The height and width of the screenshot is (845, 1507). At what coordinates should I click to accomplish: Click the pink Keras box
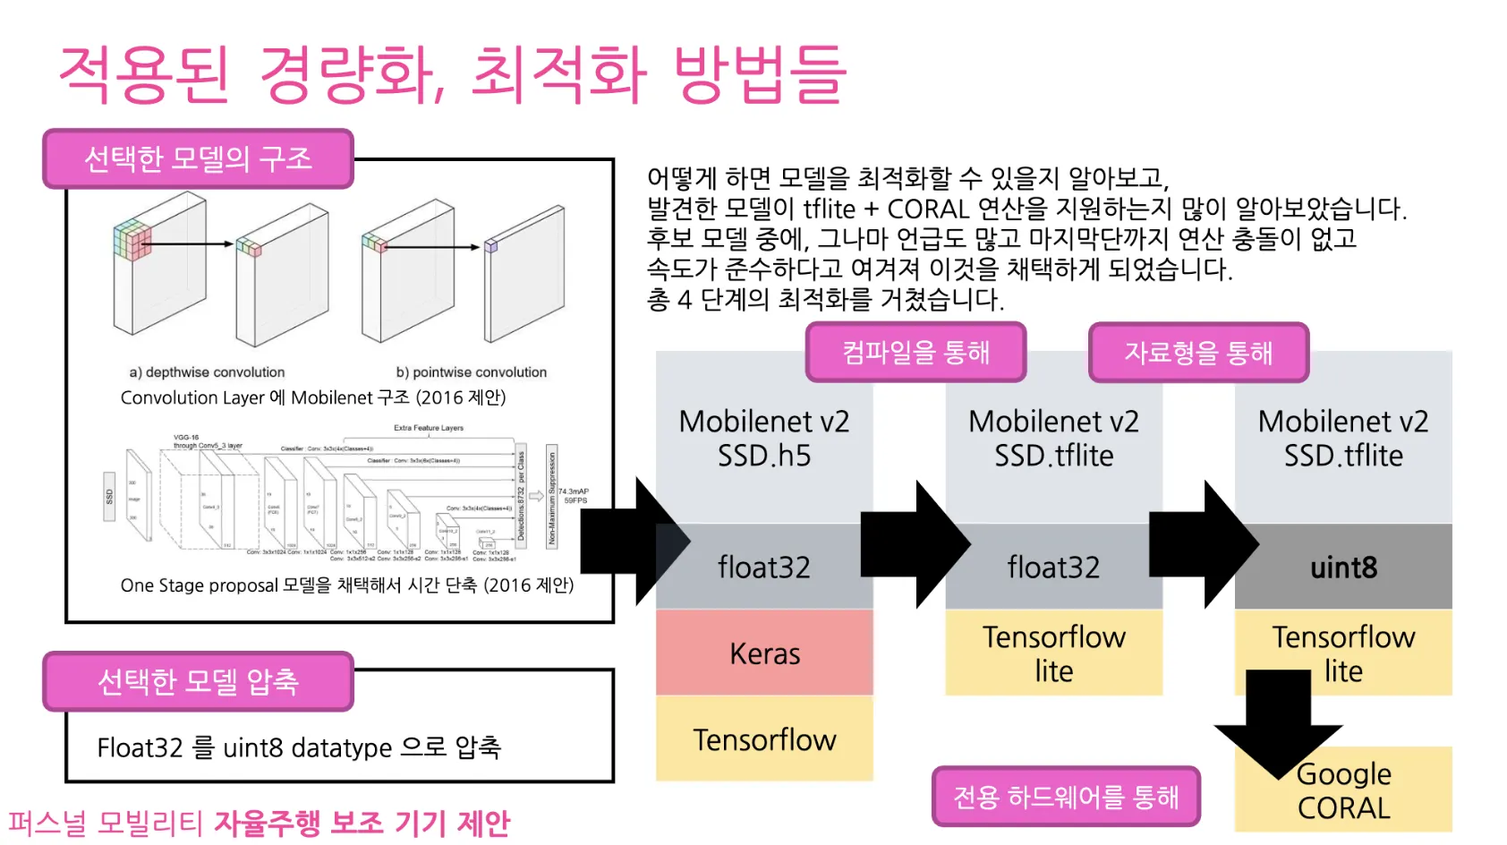(764, 653)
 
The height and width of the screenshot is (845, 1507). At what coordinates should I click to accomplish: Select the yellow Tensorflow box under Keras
(764, 739)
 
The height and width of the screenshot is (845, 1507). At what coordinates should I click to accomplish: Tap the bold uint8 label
(1343, 568)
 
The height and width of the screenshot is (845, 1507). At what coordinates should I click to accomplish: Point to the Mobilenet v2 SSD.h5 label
(764, 438)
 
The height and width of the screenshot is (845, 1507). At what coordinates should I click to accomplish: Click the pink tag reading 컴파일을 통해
(915, 353)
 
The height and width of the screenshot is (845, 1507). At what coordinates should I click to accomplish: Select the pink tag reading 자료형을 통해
(1198, 353)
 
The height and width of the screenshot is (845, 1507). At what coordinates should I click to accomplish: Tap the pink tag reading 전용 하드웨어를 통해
(1066, 796)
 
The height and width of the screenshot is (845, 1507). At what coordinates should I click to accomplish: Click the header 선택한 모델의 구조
(198, 158)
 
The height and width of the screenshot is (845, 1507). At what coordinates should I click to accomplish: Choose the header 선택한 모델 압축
(198, 681)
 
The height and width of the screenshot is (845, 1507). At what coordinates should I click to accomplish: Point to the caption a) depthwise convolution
(207, 372)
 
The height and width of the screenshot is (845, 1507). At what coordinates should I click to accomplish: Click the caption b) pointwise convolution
(471, 372)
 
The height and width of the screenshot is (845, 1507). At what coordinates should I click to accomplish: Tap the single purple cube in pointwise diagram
(490, 245)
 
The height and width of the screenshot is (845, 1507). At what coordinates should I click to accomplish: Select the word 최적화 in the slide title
(558, 73)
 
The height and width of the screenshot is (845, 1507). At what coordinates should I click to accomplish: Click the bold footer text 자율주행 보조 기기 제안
(362, 823)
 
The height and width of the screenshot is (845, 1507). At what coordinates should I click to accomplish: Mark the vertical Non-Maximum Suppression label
(551, 496)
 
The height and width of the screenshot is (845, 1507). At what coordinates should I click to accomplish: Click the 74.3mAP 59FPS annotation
(574, 496)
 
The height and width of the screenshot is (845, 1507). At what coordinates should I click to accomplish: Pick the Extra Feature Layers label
(429, 428)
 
